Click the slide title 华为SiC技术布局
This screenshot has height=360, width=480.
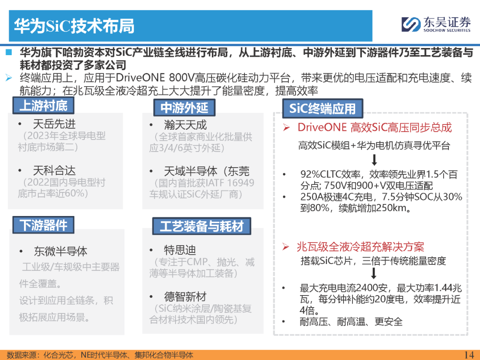[74, 26]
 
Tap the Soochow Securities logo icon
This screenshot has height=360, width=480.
[411, 24]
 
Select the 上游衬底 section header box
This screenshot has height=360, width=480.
[43, 106]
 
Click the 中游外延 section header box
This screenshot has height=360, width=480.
[184, 108]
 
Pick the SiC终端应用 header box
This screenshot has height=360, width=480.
[323, 108]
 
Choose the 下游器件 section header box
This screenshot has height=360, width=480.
[43, 225]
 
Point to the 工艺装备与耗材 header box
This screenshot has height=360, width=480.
[202, 226]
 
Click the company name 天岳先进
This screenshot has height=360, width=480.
[54, 124]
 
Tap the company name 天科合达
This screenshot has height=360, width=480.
[54, 171]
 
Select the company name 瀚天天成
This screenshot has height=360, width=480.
[185, 125]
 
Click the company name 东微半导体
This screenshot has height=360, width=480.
[60, 251]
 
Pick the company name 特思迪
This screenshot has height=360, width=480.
[180, 250]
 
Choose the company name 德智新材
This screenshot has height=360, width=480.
[185, 296]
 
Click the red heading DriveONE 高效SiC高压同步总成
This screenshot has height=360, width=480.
[375, 128]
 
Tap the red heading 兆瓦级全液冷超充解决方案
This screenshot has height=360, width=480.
[360, 247]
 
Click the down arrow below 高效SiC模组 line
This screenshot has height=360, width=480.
[374, 160]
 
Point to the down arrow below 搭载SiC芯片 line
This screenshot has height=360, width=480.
[374, 273]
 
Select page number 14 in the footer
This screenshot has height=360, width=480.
[469, 355]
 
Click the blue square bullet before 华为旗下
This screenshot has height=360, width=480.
[8, 52]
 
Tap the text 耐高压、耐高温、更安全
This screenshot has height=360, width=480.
[351, 322]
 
